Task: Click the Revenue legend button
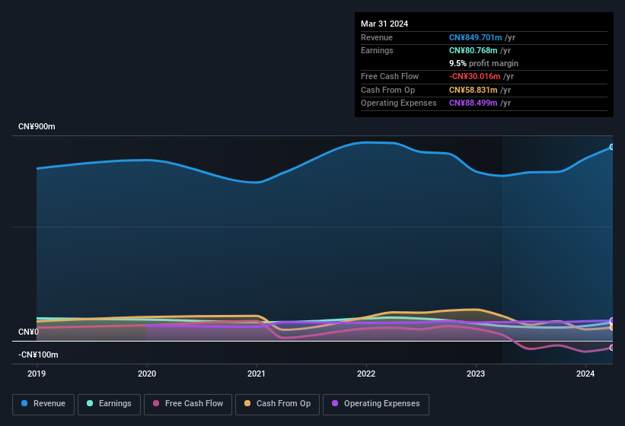click(43, 404)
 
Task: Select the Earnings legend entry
click(110, 404)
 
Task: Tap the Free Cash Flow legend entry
click(189, 404)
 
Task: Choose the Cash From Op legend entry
click(278, 404)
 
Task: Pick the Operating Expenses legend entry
click(376, 404)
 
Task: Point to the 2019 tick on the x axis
click(37, 374)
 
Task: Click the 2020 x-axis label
click(146, 374)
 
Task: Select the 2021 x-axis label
click(257, 374)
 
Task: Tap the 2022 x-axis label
click(366, 374)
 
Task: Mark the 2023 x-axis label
click(476, 374)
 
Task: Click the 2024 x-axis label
click(585, 374)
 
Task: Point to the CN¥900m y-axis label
click(37, 126)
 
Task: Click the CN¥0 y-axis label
click(29, 332)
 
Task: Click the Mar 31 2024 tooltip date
click(384, 24)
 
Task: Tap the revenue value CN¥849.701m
click(476, 37)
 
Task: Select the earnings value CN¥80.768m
click(474, 50)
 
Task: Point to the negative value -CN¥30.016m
click(475, 76)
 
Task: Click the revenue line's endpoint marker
click(612, 147)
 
